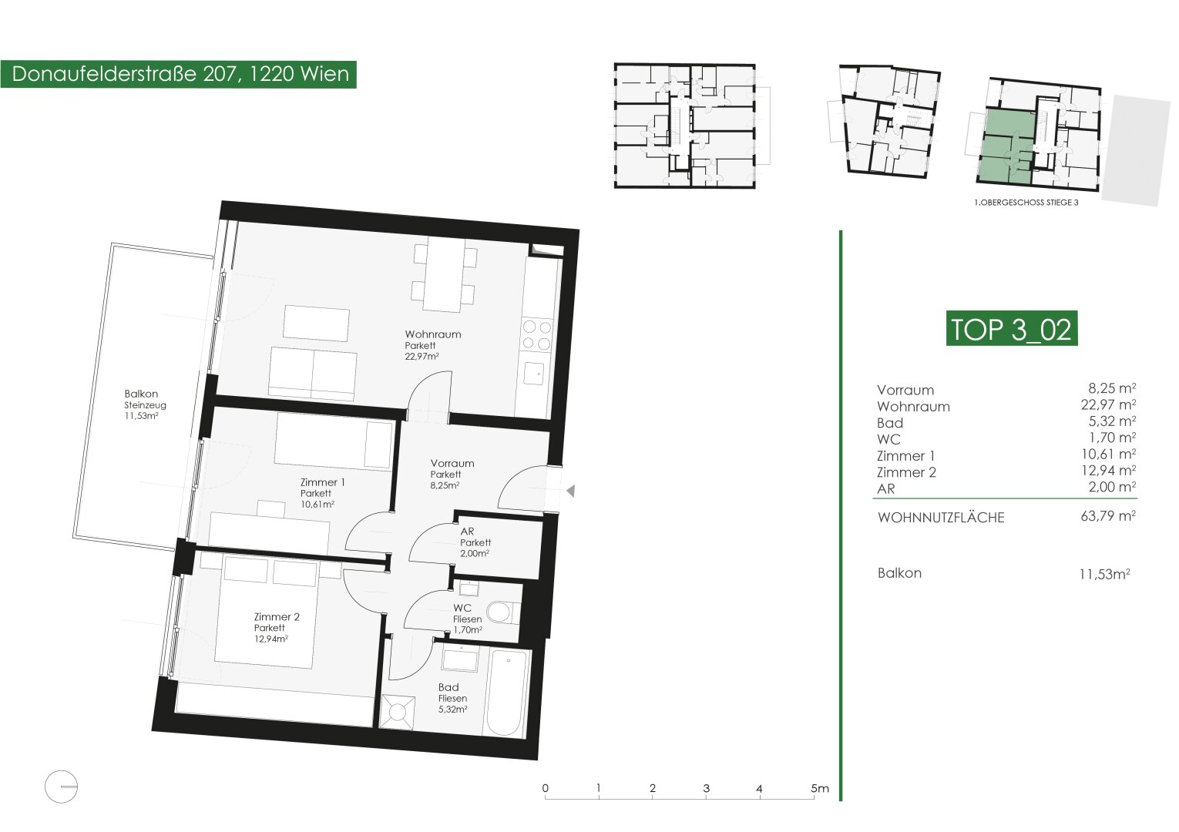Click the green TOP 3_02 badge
tap(1012, 328)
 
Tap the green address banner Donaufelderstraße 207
tap(179, 74)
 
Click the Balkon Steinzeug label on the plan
tap(145, 404)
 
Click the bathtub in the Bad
tap(507, 693)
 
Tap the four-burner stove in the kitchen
tap(537, 334)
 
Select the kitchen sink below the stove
tap(534, 373)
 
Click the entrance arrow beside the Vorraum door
tap(570, 491)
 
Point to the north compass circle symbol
tap(61, 787)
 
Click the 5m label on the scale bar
tap(819, 788)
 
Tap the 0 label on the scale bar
tap(546, 788)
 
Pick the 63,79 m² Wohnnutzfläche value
tap(1108, 515)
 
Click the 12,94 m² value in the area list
tap(1108, 470)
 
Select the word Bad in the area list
tap(890, 423)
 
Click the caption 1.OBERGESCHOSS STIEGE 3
tap(1026, 203)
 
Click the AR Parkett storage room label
tap(475, 542)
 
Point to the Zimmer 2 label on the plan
tap(277, 627)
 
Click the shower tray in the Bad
tap(398, 712)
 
